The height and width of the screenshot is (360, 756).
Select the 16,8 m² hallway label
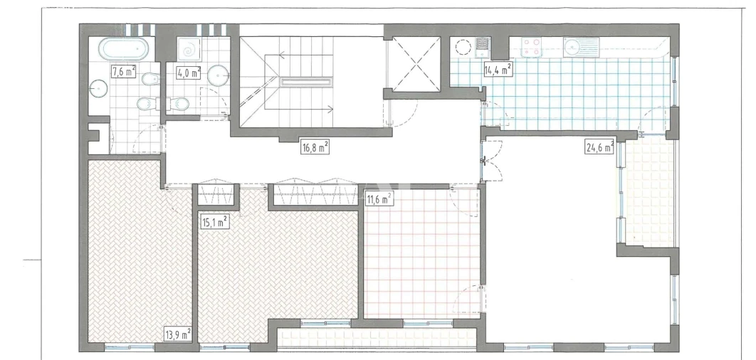pyautogui.click(x=314, y=147)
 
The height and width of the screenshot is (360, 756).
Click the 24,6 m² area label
pyautogui.click(x=600, y=149)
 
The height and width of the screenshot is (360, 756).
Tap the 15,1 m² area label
pyautogui.click(x=214, y=221)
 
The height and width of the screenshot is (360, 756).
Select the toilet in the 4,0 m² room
pyautogui.click(x=181, y=105)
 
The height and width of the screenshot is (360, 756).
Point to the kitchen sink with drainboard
pyautogui.click(x=580, y=47)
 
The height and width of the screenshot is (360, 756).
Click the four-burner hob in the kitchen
pyautogui.click(x=531, y=47)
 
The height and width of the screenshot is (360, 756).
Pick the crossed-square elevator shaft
pyautogui.click(x=414, y=63)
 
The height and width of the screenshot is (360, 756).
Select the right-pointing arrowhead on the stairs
pyautogui.click(x=330, y=108)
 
